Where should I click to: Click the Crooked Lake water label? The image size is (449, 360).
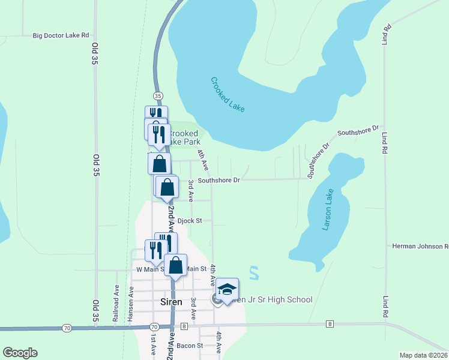point(228,94)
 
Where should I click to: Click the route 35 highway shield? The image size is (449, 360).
point(158,96)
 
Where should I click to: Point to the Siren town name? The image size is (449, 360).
point(171,302)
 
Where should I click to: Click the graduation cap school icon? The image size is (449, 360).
point(228,290)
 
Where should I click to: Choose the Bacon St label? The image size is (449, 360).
point(190,346)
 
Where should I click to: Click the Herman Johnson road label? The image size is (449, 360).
point(420,246)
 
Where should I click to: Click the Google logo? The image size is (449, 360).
point(20,353)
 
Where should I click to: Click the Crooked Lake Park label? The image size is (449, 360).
point(186,137)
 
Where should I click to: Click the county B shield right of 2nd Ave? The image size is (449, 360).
point(184,326)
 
